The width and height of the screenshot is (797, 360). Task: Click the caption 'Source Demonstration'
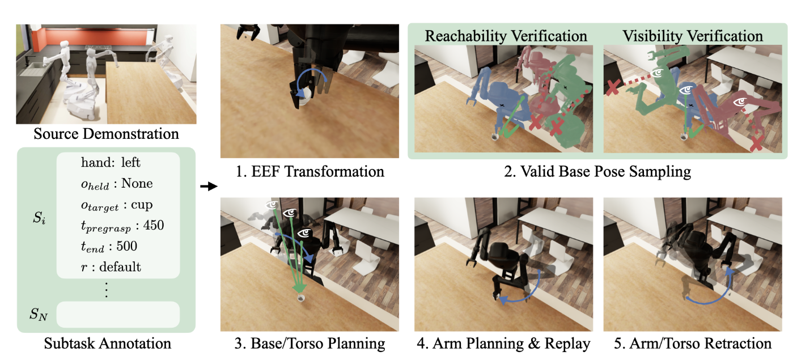tap(106, 134)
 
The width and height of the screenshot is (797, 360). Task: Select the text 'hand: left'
tap(111, 163)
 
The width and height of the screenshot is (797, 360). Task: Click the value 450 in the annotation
tap(153, 226)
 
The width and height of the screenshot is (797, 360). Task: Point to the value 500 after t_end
tap(128, 246)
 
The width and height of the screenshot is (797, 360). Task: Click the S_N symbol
tap(39, 313)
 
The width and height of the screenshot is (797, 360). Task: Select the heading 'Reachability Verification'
tap(506, 36)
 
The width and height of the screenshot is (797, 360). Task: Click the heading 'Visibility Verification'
tap(693, 36)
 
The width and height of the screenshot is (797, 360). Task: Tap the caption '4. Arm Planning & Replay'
tap(502, 343)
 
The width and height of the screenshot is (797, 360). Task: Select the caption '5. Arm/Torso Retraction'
tap(693, 343)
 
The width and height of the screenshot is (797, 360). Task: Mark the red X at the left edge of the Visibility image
tap(612, 88)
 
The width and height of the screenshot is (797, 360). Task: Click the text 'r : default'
tap(111, 266)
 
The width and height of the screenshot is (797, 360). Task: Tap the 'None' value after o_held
tap(138, 184)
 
